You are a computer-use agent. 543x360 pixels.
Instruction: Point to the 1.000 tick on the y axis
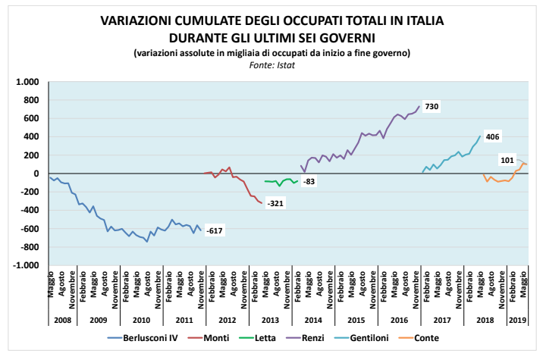[x=28, y=82]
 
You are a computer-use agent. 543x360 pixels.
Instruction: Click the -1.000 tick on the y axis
[x=27, y=266]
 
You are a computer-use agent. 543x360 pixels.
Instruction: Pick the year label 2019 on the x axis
[x=517, y=320]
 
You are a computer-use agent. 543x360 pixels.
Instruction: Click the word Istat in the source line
[x=284, y=64]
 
